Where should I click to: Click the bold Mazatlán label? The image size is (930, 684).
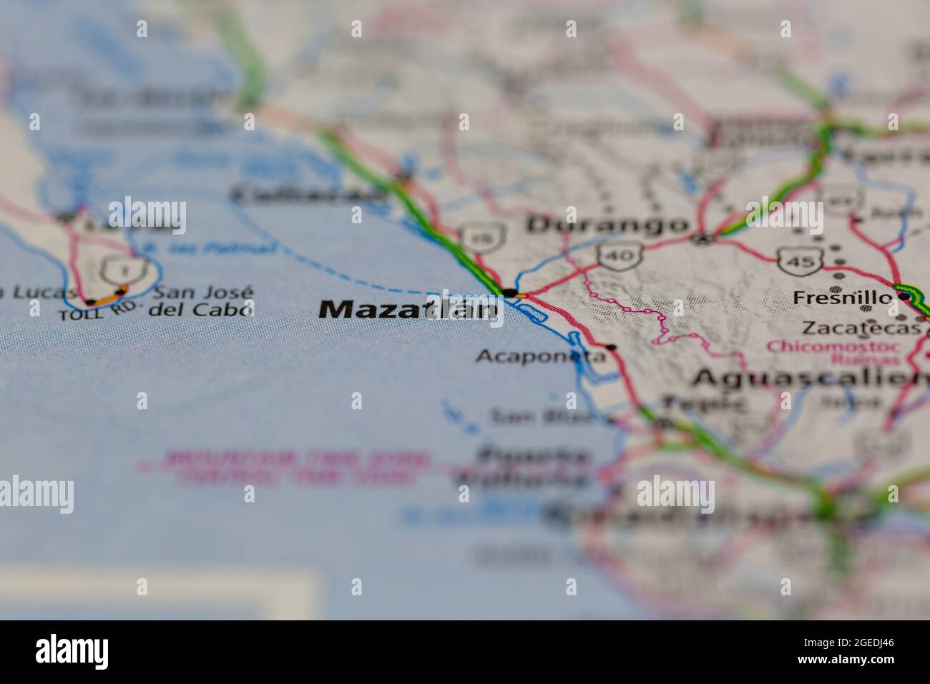pos(407,309)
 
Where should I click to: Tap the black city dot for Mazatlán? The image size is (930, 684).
pos(508,293)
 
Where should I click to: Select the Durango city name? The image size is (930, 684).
pos(607,225)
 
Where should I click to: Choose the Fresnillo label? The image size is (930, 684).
pos(842,298)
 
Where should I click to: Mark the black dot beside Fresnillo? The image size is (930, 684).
pos(904,296)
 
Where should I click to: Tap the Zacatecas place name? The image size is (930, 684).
pos(861,328)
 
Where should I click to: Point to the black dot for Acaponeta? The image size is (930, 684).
pos(610,347)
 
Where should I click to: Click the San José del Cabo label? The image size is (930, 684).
pos(201,301)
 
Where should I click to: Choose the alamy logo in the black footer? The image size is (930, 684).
pos(72,652)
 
